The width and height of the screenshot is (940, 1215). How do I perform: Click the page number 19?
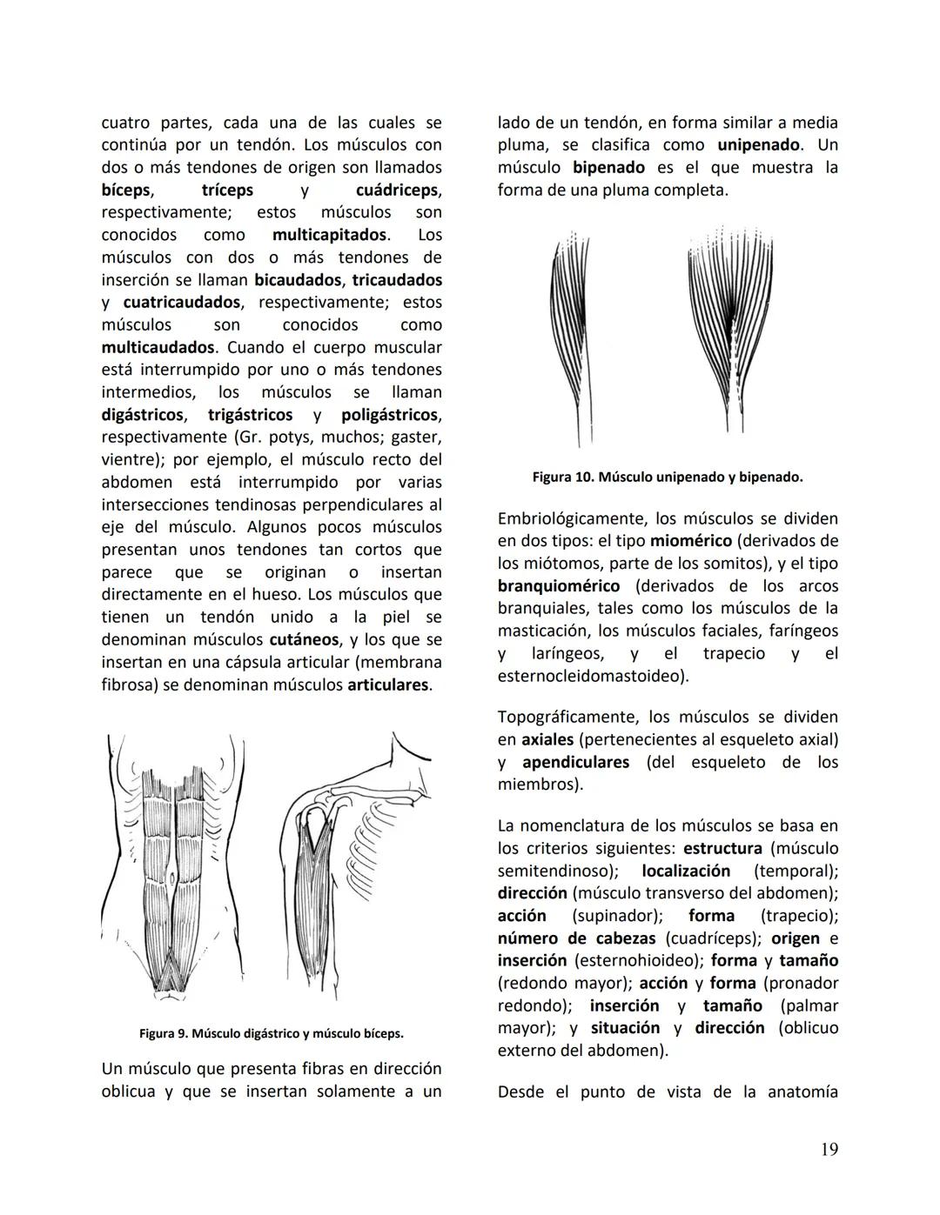(829, 1150)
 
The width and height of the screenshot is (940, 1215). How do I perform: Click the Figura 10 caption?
(667, 477)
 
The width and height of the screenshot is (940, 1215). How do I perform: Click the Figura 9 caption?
(271, 1034)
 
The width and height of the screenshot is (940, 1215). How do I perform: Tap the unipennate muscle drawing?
(569, 335)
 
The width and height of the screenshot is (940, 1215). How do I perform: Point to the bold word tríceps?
(227, 190)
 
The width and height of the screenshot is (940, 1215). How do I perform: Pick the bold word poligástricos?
(390, 415)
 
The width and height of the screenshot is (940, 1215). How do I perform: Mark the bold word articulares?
(388, 685)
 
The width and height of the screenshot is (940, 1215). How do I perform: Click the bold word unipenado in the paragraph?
(758, 145)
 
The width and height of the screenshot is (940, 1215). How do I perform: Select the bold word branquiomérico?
(559, 586)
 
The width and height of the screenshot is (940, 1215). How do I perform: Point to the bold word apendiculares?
(575, 763)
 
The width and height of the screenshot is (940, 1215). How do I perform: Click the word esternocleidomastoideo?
(591, 677)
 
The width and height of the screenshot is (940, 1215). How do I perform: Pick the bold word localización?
(686, 871)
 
